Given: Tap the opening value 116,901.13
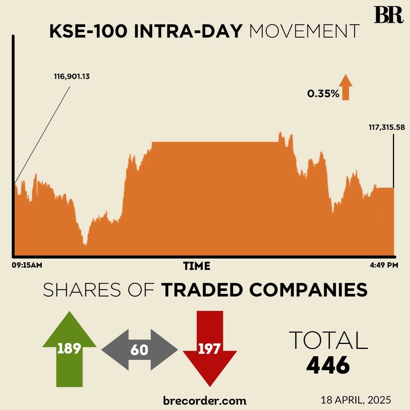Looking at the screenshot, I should pyautogui.click(x=72, y=76).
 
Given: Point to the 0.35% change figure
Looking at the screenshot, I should pyautogui.click(x=323, y=93).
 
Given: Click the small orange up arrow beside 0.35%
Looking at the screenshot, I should pyautogui.click(x=345, y=87).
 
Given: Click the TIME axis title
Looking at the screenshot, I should pyautogui.click(x=196, y=266).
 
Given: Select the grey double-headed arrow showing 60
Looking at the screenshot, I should pyautogui.click(x=139, y=350).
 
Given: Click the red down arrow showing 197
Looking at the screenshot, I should pyautogui.click(x=210, y=347).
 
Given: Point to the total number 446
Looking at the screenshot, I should pyautogui.click(x=328, y=366).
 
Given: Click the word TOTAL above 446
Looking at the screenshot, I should pyautogui.click(x=328, y=340).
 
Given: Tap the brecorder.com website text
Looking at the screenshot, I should pyautogui.click(x=205, y=400).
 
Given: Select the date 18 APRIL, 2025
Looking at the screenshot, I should pyautogui.click(x=356, y=400).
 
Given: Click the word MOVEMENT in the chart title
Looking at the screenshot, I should pyautogui.click(x=304, y=32).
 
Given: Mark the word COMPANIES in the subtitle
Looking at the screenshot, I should pyautogui.click(x=308, y=290).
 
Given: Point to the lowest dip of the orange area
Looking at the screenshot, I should pyautogui.click(x=85, y=244).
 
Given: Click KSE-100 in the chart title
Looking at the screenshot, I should pyautogui.click(x=89, y=32).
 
